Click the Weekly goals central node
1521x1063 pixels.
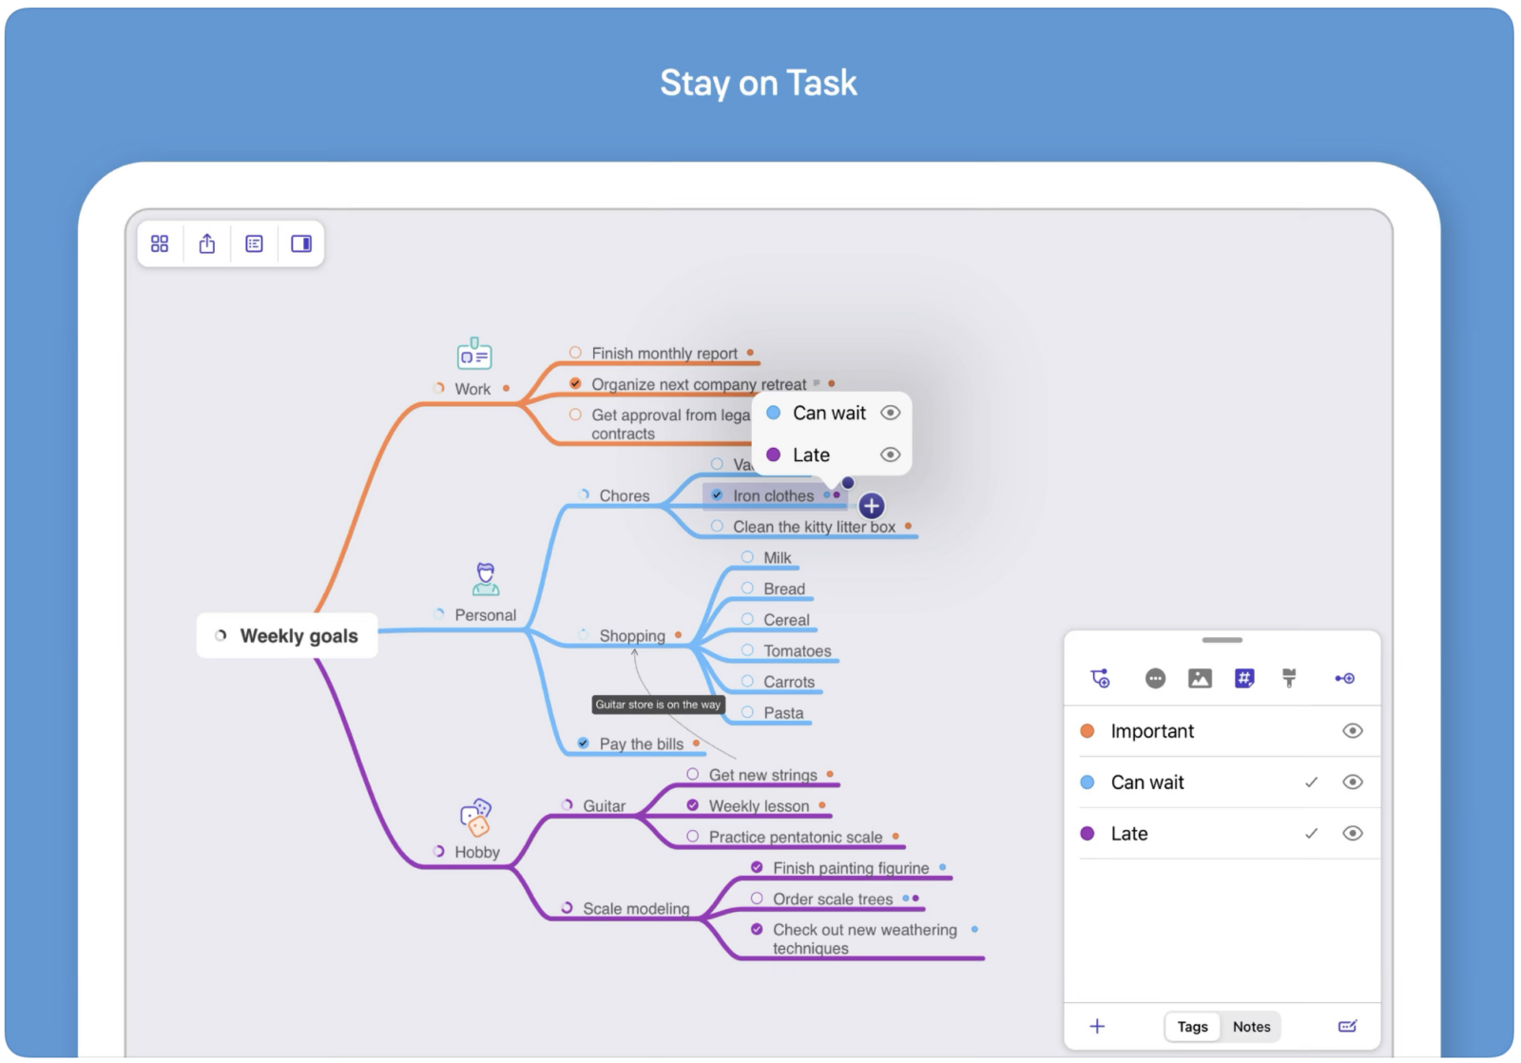(x=286, y=636)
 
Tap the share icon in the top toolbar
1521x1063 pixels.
(x=207, y=243)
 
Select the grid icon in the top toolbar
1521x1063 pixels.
(x=160, y=243)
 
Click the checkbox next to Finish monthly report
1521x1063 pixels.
(x=575, y=353)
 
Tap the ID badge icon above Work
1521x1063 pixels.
(x=474, y=353)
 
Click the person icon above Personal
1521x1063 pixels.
(x=486, y=579)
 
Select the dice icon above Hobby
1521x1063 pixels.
(x=476, y=817)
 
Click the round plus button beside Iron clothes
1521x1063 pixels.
(x=871, y=505)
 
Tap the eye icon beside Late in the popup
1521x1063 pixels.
(x=890, y=454)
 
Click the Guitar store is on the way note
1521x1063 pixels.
(x=658, y=705)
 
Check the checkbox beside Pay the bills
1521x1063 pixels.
(x=583, y=744)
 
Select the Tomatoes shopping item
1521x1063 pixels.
(x=798, y=650)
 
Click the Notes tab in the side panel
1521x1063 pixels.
(x=1251, y=1026)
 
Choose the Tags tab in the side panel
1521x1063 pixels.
(x=1192, y=1026)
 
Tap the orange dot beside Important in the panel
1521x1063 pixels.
(x=1088, y=731)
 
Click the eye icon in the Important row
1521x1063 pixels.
(x=1352, y=731)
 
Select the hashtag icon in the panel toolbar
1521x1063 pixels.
(x=1244, y=678)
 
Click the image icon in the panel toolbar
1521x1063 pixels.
(x=1200, y=678)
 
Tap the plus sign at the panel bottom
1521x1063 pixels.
(x=1097, y=1026)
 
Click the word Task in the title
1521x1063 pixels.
(x=821, y=83)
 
